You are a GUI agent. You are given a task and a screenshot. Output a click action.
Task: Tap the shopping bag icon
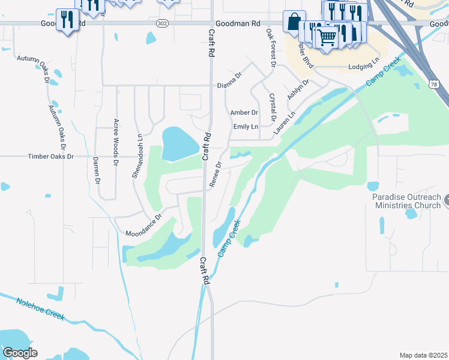(x=294, y=22)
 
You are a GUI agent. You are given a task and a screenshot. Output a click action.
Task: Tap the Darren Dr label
(x=96, y=170)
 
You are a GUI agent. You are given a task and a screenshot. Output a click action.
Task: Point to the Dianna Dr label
(x=229, y=85)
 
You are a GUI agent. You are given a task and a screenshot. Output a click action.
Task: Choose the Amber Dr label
(x=244, y=112)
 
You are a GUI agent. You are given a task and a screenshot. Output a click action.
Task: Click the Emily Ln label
(x=246, y=127)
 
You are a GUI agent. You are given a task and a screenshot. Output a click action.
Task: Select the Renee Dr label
(x=215, y=173)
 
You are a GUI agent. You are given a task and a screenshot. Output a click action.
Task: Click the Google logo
(x=20, y=353)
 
